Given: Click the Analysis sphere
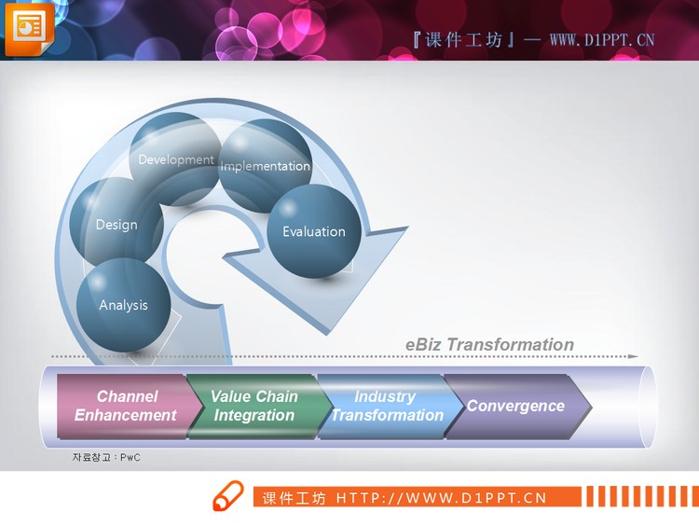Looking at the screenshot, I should [124, 305].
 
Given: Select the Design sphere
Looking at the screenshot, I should [116, 224].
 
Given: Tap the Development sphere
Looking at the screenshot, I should [175, 159].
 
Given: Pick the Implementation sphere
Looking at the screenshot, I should [266, 166].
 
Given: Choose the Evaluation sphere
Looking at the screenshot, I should [314, 231].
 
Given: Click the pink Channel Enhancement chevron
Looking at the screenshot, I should [126, 406].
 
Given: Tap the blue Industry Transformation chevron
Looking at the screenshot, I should [386, 406].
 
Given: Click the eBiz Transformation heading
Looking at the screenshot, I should [489, 344].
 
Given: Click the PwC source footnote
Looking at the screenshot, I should [106, 457].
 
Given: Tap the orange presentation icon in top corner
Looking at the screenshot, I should [29, 28].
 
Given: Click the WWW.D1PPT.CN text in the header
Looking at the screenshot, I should [602, 39].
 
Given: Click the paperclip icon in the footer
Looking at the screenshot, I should [227, 497].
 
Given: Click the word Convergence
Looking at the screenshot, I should [515, 406].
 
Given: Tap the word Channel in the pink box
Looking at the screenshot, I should [127, 396].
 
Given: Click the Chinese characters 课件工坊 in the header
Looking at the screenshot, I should [463, 39].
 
